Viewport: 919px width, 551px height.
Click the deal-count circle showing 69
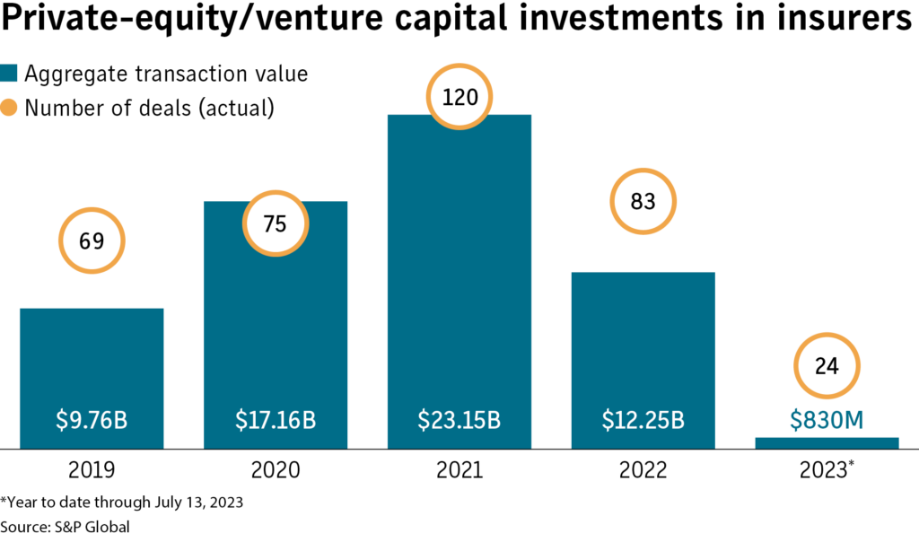click(92, 241)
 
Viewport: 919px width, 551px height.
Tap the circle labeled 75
click(276, 223)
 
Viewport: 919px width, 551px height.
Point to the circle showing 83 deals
click(643, 202)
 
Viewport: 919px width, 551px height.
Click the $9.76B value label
click(92, 419)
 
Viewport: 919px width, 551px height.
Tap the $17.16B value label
click(276, 419)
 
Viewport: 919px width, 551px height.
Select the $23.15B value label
click(459, 419)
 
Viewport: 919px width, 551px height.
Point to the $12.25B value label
click(643, 419)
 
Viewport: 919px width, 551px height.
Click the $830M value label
click(827, 419)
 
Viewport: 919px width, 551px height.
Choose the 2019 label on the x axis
click(92, 470)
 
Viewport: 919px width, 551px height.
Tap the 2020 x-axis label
click(276, 470)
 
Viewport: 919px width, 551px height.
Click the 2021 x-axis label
click(459, 470)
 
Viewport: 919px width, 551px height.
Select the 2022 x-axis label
click(643, 470)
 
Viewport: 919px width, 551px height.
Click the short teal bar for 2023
click(827, 442)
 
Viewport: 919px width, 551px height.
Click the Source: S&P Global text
click(66, 527)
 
